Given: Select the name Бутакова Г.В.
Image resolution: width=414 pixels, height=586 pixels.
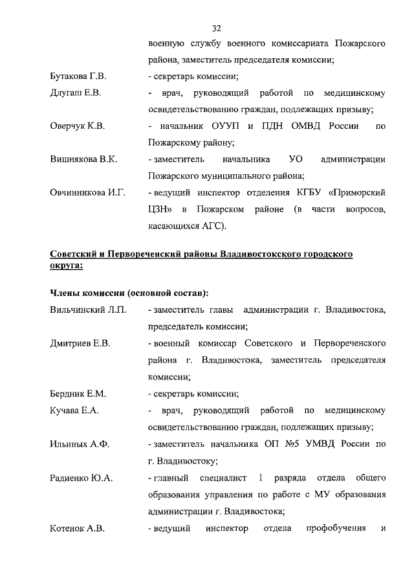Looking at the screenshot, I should point(78,76).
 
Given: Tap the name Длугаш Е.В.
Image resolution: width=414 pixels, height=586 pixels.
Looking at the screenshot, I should point(75,93).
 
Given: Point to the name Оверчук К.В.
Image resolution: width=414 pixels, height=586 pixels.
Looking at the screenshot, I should point(77,126).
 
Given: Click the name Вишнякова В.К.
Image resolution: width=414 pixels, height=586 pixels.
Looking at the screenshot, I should point(83,159).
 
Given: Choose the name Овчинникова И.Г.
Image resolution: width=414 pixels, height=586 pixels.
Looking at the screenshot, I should point(87,192).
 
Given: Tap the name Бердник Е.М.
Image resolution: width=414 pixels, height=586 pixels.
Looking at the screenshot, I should point(78,394).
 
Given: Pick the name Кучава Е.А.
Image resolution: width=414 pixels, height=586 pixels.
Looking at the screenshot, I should point(72,410).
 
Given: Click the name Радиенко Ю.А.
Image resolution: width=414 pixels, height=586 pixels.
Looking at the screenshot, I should point(81,478).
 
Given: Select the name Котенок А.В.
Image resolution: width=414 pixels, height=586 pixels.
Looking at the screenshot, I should point(77,528).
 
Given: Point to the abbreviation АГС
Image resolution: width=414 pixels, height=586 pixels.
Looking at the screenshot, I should point(210,226).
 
